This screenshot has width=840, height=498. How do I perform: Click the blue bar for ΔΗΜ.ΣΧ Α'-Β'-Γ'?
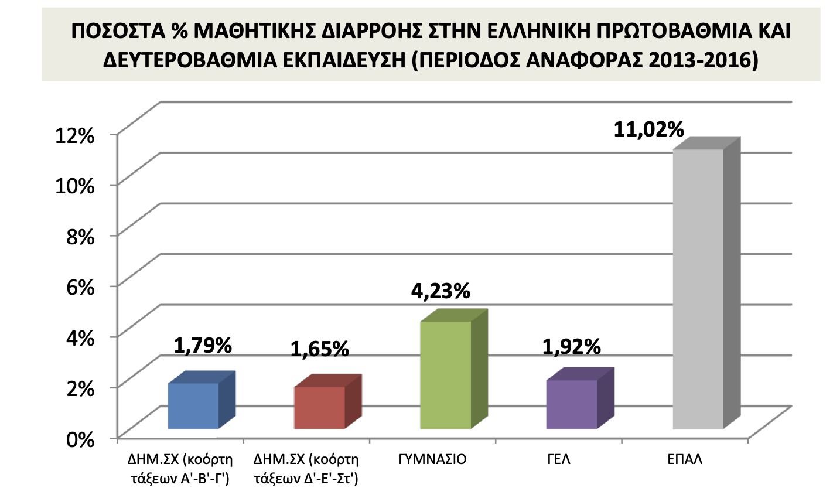point(193,405)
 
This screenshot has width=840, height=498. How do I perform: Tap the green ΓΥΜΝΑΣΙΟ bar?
point(445,375)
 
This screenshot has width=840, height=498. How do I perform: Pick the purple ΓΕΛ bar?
point(571,404)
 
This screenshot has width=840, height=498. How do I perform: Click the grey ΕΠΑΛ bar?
point(698,288)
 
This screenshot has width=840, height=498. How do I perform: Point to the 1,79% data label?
point(203,346)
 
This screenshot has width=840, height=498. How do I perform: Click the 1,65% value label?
point(320,350)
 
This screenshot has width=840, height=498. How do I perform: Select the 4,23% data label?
point(441,291)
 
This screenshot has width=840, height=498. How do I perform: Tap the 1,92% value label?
point(571,347)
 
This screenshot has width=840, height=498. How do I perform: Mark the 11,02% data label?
point(649,129)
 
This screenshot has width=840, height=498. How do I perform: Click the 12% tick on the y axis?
point(74,135)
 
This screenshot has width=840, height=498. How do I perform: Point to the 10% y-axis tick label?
point(74,186)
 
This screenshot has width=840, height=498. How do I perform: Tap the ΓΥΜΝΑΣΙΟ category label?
point(432,459)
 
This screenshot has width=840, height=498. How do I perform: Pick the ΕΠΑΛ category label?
point(685,459)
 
